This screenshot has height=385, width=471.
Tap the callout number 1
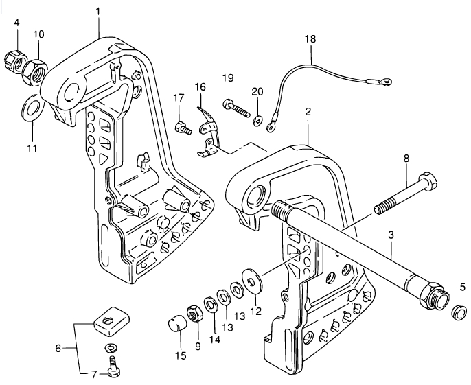coord(98,12)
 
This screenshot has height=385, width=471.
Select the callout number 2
coord(308,111)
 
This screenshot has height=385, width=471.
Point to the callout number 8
coord(406,159)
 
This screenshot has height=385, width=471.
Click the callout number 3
coord(391,235)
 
